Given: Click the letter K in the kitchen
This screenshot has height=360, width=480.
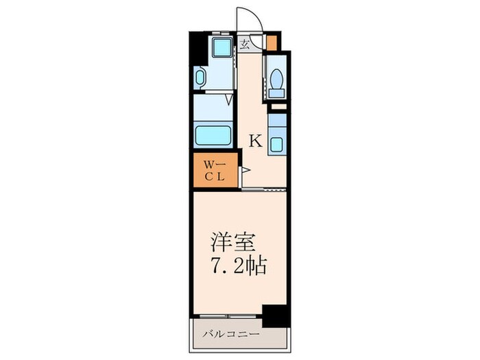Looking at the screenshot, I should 255,142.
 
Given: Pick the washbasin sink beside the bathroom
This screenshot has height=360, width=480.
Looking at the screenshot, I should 200,77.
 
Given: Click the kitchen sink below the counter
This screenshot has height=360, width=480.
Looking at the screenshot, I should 277,145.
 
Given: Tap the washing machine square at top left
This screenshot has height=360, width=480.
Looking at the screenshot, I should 221,47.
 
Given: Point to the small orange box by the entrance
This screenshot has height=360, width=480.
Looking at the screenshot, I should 272,42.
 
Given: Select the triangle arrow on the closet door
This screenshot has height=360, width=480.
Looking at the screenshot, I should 244,169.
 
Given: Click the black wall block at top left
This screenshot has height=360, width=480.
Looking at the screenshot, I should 194,49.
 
